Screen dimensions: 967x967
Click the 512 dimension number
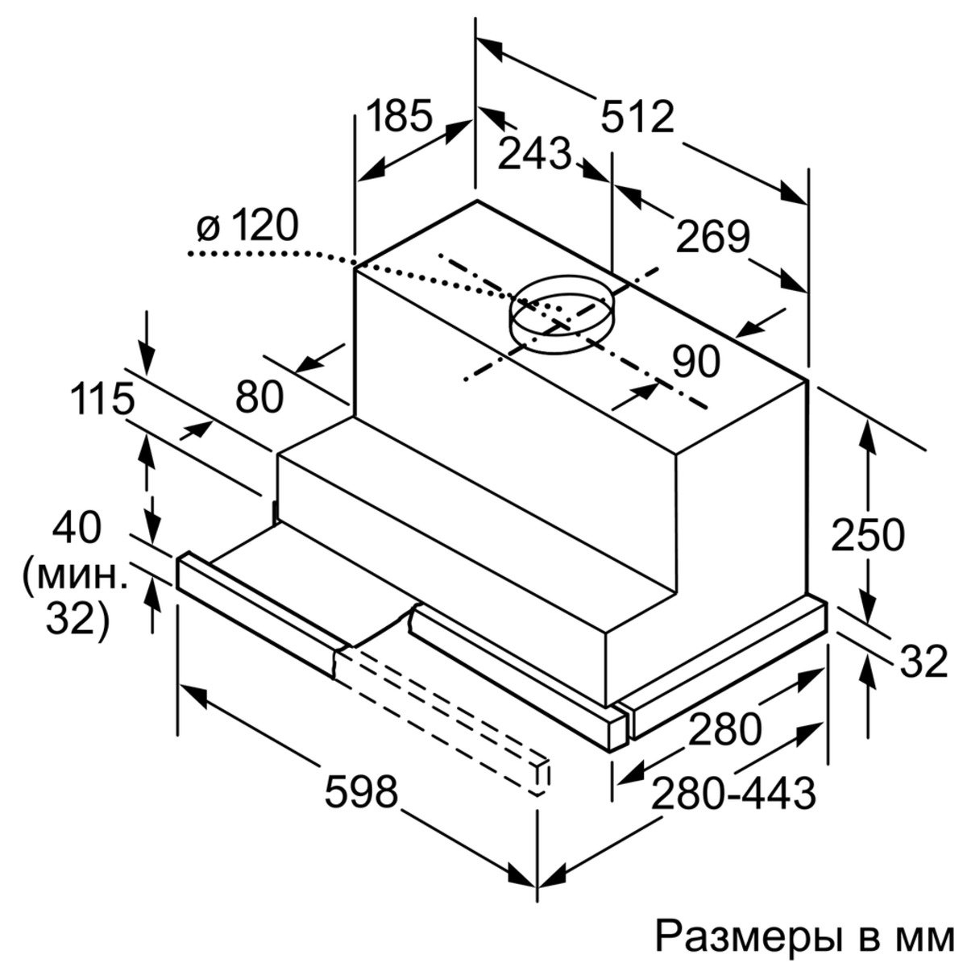pos(637,118)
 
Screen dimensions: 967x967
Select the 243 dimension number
pos(534,154)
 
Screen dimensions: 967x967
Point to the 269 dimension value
pos(713,237)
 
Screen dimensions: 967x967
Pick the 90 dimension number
pos(696,363)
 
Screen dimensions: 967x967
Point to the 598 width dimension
pos(361,792)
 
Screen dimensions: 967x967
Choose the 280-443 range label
pos(733,794)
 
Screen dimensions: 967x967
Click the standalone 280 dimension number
pos(724,728)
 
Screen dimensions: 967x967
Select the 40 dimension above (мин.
pos(77,528)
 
